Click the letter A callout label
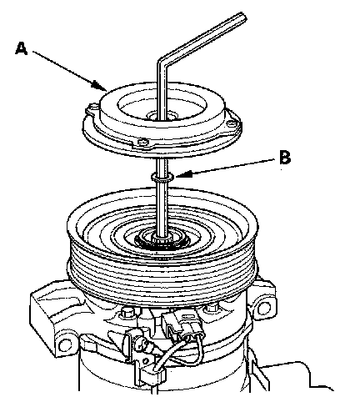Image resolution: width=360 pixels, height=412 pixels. [22, 48]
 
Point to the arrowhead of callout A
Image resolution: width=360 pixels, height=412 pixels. [100, 86]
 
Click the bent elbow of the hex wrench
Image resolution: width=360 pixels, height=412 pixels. [162, 63]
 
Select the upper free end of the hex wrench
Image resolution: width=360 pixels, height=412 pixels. [242, 17]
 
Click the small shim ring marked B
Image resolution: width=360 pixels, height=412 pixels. [162, 177]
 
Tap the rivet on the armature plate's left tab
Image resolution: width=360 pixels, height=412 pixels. [93, 107]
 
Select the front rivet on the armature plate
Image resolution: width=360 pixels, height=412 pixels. [143, 143]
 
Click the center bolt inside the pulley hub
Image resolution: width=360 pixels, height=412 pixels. [162, 239]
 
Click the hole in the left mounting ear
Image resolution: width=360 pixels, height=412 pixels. [66, 345]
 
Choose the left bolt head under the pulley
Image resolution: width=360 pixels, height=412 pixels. [127, 314]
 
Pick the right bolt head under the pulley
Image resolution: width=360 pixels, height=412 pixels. [212, 308]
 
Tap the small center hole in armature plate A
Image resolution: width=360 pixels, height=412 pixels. [161, 117]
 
